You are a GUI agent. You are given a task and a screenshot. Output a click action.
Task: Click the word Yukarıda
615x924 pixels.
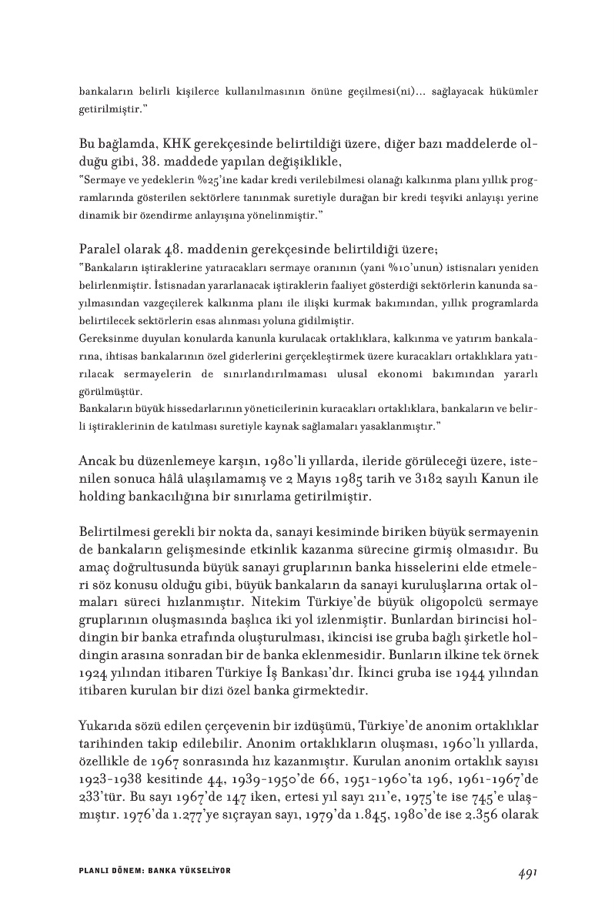coord(109,726)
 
